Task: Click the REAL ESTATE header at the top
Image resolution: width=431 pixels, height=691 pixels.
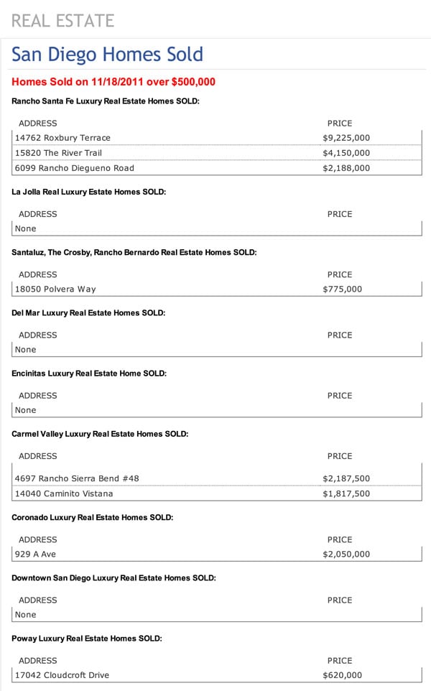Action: click(x=62, y=20)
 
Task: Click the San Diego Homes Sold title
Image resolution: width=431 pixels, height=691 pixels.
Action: click(x=108, y=55)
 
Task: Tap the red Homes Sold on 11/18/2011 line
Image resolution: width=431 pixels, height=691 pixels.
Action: click(x=113, y=83)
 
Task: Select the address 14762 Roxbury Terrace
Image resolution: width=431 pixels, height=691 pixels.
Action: click(x=63, y=137)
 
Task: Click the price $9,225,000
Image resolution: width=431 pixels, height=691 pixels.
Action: click(x=346, y=137)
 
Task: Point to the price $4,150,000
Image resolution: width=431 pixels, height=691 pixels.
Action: click(x=346, y=153)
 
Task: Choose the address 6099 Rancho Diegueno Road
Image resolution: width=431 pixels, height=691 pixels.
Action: click(x=75, y=168)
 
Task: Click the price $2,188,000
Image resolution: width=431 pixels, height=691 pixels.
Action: click(x=346, y=168)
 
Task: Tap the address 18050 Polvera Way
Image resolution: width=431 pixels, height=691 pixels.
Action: click(x=55, y=289)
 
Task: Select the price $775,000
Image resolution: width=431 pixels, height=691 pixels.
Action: click(x=343, y=289)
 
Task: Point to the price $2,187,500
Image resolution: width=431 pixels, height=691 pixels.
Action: click(x=346, y=478)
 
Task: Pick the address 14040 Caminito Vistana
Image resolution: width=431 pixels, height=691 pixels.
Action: click(x=64, y=494)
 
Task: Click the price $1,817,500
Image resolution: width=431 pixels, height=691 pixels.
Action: click(x=346, y=494)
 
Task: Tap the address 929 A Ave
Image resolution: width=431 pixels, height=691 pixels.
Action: click(x=35, y=555)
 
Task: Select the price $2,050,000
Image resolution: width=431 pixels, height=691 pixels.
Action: click(x=346, y=555)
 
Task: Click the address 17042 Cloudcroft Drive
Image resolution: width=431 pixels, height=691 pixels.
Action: click(x=62, y=675)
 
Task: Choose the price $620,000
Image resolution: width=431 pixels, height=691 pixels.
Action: click(x=343, y=675)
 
